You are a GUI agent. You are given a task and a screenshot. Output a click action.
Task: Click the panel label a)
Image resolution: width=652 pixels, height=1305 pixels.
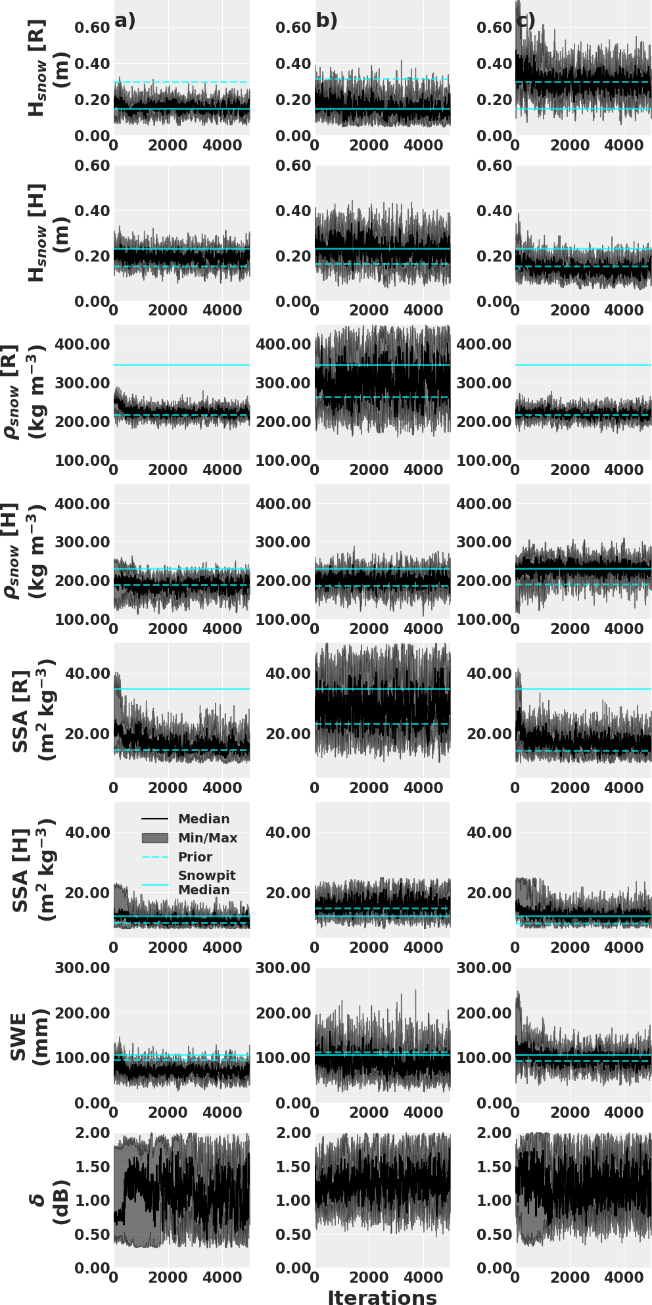pos(125,20)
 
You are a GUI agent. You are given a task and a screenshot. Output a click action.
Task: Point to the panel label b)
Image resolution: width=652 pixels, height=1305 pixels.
pos(327,20)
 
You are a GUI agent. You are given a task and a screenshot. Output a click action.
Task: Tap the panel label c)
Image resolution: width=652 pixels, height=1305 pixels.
pos(526,21)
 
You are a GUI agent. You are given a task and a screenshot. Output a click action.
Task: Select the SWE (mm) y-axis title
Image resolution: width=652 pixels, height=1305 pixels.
pos(29,1036)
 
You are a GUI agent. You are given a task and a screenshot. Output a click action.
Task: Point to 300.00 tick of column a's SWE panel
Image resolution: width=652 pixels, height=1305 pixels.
pos(82,968)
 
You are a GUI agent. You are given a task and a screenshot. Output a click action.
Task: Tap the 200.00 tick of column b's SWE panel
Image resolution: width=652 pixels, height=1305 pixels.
pos(283,1013)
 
